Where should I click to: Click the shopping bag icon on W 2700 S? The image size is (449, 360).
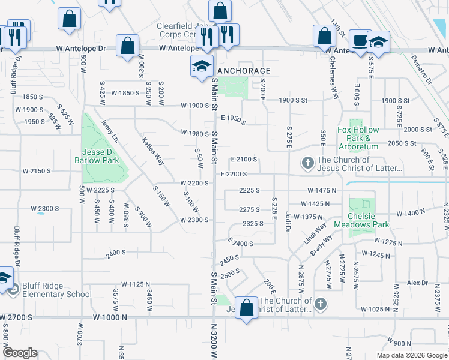[x=246, y=309]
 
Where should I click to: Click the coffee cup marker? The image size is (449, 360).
[x=360, y=41]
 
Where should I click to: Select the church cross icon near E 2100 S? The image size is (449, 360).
[x=307, y=163]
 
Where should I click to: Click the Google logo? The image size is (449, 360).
[x=20, y=353]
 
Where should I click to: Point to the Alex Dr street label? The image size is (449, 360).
[x=417, y=282]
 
